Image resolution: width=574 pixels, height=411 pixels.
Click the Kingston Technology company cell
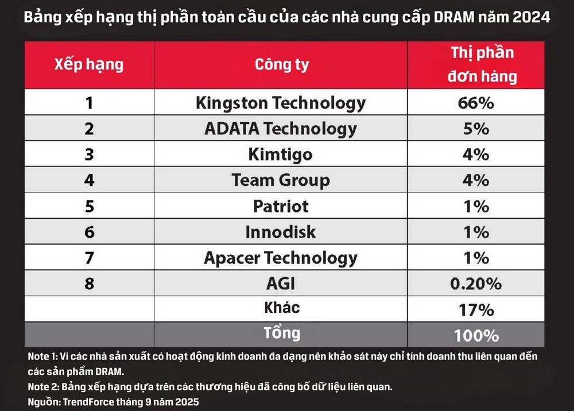(x=281, y=103)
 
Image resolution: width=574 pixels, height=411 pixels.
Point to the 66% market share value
(x=476, y=103)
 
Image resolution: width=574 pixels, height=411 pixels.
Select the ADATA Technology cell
(x=281, y=129)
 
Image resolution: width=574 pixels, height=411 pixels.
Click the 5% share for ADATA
(x=476, y=129)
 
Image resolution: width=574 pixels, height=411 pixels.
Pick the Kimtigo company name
(x=281, y=154)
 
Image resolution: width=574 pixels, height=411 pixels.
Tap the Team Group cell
(x=281, y=180)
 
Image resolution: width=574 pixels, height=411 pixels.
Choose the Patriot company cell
(x=281, y=206)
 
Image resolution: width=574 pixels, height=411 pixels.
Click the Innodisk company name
(x=281, y=232)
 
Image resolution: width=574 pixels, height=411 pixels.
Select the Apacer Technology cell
(x=281, y=258)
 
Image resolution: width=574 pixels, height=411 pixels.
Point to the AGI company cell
(x=281, y=283)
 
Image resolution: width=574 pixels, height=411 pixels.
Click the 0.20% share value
(x=476, y=283)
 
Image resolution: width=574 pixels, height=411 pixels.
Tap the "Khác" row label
(x=281, y=308)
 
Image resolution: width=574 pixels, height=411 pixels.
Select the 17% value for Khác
(x=476, y=310)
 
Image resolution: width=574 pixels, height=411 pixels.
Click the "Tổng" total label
(x=281, y=334)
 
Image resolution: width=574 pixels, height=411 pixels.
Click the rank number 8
(x=89, y=283)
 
